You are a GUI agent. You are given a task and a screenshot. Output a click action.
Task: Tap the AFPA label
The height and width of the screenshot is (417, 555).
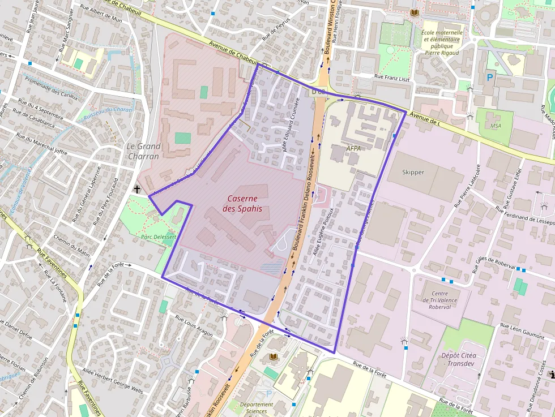click(x=353, y=148)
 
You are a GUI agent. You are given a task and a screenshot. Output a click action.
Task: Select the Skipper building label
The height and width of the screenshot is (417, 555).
click(x=413, y=172)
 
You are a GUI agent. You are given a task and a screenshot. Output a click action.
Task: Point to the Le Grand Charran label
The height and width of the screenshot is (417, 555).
click(x=143, y=151)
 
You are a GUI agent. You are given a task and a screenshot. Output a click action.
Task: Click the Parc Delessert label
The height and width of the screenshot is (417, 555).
click(x=158, y=237)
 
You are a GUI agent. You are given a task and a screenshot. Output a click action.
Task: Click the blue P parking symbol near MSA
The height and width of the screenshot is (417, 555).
click(x=489, y=77)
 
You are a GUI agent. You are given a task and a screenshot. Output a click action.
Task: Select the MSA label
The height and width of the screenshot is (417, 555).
click(x=496, y=126)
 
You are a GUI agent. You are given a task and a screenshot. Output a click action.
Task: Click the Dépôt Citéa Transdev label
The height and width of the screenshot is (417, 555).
click(x=459, y=360)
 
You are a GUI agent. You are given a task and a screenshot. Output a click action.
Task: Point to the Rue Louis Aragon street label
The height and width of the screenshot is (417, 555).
click(x=194, y=326)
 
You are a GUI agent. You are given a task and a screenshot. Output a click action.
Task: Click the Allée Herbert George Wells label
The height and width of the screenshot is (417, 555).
click(x=113, y=381)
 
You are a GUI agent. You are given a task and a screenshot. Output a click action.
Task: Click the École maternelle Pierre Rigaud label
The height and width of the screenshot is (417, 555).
click(x=442, y=42)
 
